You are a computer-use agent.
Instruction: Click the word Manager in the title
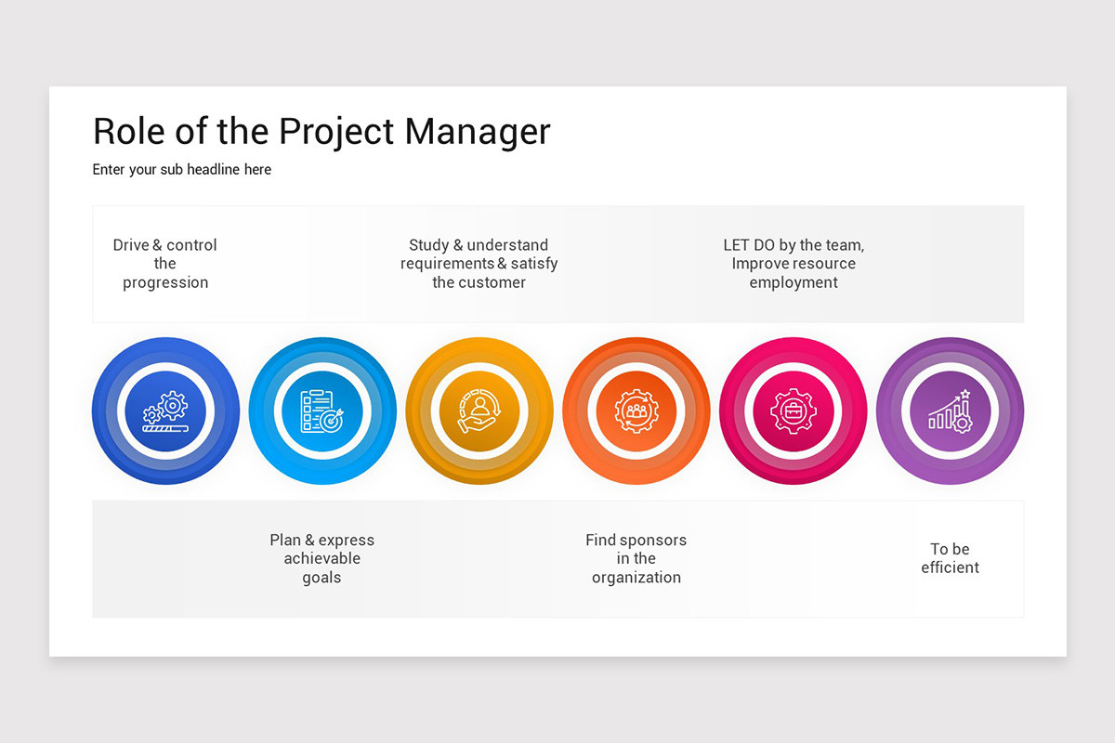coord(478,132)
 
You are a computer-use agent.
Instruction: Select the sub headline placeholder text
coord(182,170)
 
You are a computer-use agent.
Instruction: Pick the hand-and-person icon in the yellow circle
coord(479,411)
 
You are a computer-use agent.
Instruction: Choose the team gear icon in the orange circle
coord(636,411)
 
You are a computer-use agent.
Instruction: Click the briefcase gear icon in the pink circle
coord(794,411)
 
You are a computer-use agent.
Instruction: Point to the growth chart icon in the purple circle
coord(950,411)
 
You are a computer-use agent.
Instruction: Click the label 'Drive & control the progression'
coord(165,264)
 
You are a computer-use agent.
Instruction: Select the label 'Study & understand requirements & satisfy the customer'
coord(479,264)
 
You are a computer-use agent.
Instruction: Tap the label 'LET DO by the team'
coord(794,246)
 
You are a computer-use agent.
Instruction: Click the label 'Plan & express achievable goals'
coord(322,558)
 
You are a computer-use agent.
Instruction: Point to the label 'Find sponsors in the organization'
coord(636,558)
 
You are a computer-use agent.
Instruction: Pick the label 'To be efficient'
coord(950,558)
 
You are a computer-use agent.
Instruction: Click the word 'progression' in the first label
coord(165,283)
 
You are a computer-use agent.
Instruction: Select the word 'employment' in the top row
coord(794,283)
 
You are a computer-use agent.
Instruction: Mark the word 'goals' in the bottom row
coord(322,578)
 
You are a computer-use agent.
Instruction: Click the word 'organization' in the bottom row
coord(636,578)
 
